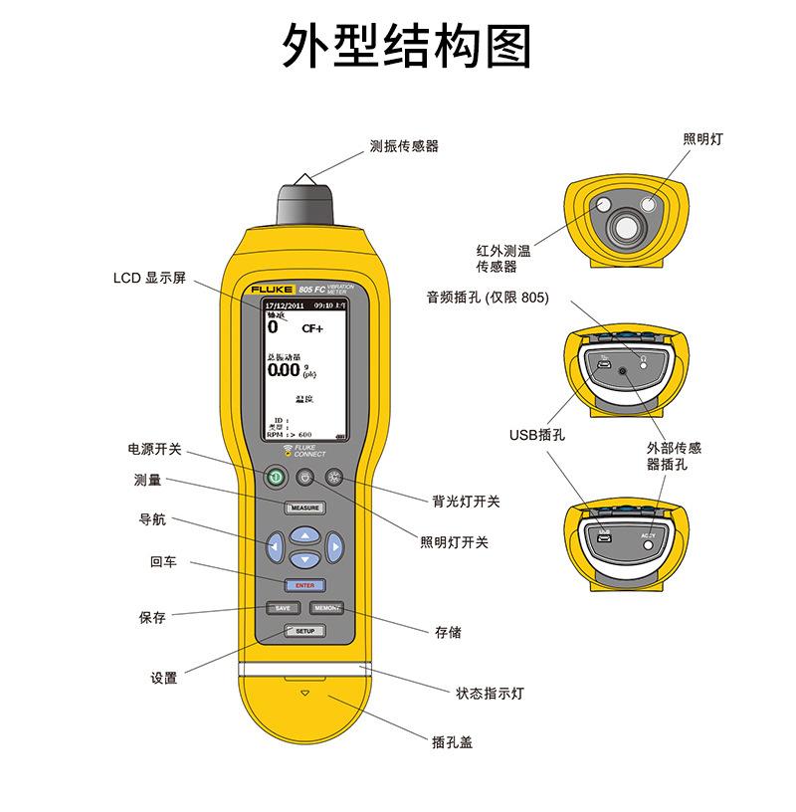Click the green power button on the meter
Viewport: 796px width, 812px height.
[x=276, y=478]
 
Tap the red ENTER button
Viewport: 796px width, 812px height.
[x=304, y=585]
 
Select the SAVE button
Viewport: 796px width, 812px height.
[x=282, y=608]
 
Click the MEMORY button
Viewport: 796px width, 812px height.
[x=327, y=608]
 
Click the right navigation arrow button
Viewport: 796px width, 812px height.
[x=335, y=545]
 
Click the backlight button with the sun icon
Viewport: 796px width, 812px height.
[x=333, y=477]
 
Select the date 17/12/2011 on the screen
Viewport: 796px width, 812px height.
[x=284, y=305]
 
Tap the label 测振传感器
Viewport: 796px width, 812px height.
[x=404, y=145]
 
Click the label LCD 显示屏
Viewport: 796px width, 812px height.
[x=150, y=278]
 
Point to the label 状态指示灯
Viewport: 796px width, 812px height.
[x=490, y=693]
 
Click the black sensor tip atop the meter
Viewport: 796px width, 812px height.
[x=305, y=204]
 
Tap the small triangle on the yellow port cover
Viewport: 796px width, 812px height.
[x=305, y=694]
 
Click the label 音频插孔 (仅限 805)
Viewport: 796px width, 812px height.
[x=488, y=297]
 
